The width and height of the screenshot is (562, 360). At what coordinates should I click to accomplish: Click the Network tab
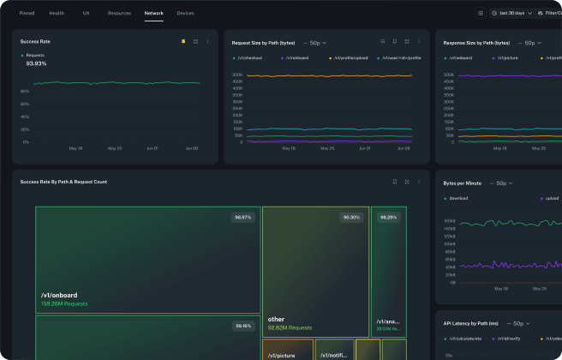click(x=154, y=14)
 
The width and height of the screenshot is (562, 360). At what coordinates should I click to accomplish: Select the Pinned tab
click(x=27, y=14)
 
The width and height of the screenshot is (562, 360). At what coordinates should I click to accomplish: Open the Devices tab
click(x=185, y=14)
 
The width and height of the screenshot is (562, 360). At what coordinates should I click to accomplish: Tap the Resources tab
click(x=119, y=14)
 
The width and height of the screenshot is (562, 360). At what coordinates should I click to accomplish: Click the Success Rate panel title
click(x=34, y=41)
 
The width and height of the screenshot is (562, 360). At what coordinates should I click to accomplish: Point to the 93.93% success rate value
click(x=36, y=63)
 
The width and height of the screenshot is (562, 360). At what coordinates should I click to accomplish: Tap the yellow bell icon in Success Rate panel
click(x=183, y=41)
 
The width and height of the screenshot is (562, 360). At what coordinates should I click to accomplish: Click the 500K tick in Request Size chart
click(x=236, y=75)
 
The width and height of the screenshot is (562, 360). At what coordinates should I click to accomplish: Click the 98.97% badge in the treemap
click(x=242, y=218)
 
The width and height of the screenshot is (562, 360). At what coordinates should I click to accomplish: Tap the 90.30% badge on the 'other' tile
click(x=351, y=218)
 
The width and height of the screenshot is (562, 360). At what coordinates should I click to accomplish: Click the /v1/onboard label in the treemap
click(x=58, y=295)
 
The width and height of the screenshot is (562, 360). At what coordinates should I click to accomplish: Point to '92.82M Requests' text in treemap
click(x=290, y=327)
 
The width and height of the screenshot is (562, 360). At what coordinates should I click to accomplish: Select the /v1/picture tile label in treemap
click(x=281, y=355)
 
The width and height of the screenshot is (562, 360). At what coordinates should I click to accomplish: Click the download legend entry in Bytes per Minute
click(x=458, y=198)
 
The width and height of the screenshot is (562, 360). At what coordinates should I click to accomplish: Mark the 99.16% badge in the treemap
click(x=242, y=326)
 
